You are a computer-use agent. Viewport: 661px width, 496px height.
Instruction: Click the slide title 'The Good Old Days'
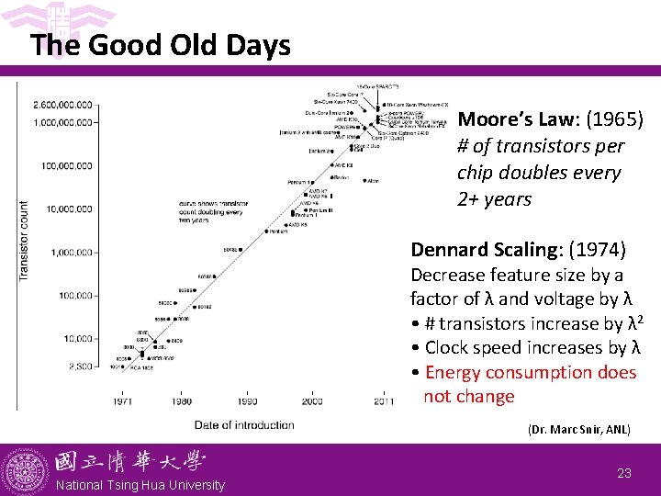click(x=160, y=45)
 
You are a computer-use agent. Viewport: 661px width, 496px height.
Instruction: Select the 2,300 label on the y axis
click(x=79, y=366)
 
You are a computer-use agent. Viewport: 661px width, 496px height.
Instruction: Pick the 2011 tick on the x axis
click(x=384, y=401)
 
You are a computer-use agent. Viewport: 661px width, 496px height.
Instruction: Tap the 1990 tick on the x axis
click(x=248, y=401)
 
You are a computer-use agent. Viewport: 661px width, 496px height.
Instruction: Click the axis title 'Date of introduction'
click(x=244, y=424)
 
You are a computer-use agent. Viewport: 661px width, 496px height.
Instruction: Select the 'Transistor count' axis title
click(x=25, y=241)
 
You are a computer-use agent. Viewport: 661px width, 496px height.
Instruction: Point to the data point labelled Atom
click(x=364, y=181)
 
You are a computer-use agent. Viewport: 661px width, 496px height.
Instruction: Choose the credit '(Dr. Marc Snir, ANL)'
click(x=578, y=430)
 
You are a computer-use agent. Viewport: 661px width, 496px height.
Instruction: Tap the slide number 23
click(x=624, y=473)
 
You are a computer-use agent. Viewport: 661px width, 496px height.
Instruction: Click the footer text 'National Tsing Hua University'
click(x=140, y=485)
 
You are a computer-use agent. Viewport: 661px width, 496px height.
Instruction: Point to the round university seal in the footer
click(x=24, y=470)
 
